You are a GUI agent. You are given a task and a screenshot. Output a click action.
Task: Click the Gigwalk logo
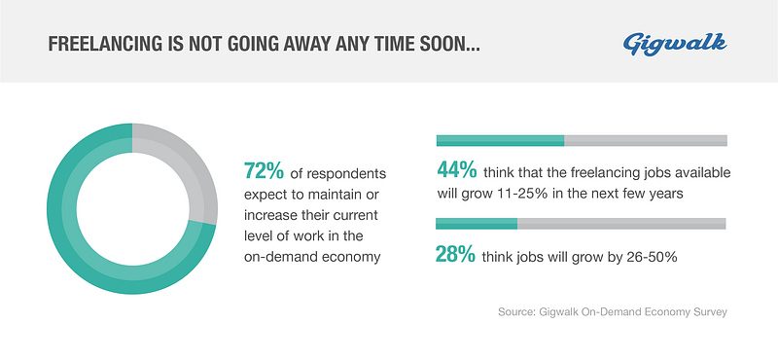coord(675,44)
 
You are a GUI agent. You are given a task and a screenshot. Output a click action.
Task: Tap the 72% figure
coord(264,170)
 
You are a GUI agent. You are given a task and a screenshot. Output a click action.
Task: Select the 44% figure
coord(457,170)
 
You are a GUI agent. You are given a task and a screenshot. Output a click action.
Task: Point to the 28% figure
coord(455,254)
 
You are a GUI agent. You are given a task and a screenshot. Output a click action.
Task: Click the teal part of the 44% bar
coord(500,140)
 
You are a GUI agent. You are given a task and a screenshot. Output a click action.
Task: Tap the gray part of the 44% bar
coord(646,140)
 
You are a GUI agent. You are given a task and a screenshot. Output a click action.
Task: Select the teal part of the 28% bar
coord(477,224)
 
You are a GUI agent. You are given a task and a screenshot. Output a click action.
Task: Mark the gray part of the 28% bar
coord(621,224)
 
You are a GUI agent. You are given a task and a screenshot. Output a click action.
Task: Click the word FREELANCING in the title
coord(105,44)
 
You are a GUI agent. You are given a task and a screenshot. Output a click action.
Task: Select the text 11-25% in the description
coord(521,194)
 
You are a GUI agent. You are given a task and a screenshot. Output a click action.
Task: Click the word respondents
coord(346,175)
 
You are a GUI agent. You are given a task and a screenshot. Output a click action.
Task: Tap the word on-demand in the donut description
coord(274,257)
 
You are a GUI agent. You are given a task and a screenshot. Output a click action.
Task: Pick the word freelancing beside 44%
coord(594,174)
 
